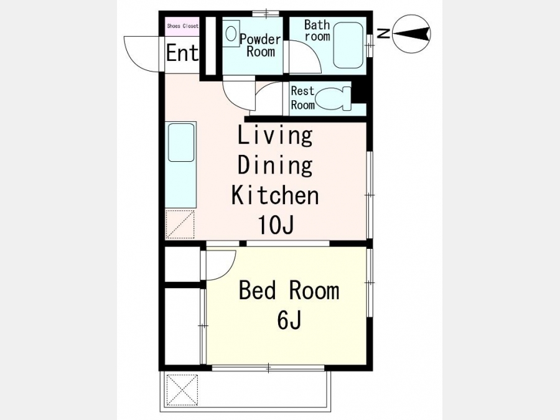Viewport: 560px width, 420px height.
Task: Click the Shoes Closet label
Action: point(182,26)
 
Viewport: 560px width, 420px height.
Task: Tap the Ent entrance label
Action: point(182,53)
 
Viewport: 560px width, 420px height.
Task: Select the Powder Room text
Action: point(260,45)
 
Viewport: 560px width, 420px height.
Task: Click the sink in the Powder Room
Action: point(231,34)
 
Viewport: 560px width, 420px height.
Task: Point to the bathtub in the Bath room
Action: point(348,45)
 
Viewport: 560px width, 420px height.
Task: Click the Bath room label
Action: point(317,30)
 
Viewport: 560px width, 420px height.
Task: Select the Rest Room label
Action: point(303,98)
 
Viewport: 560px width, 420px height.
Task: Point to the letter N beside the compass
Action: point(385,34)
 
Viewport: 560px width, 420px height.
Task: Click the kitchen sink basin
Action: point(181,142)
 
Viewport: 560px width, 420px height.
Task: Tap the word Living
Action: point(275,136)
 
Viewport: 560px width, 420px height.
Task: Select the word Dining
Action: point(275,166)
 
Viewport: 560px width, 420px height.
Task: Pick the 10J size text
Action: point(276,225)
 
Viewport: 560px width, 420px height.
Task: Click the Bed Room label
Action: point(289,290)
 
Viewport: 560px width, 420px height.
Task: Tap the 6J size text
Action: point(289,320)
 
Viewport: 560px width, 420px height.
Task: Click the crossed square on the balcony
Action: point(182,390)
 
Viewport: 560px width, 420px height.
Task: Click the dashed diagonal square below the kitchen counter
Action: point(180,224)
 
